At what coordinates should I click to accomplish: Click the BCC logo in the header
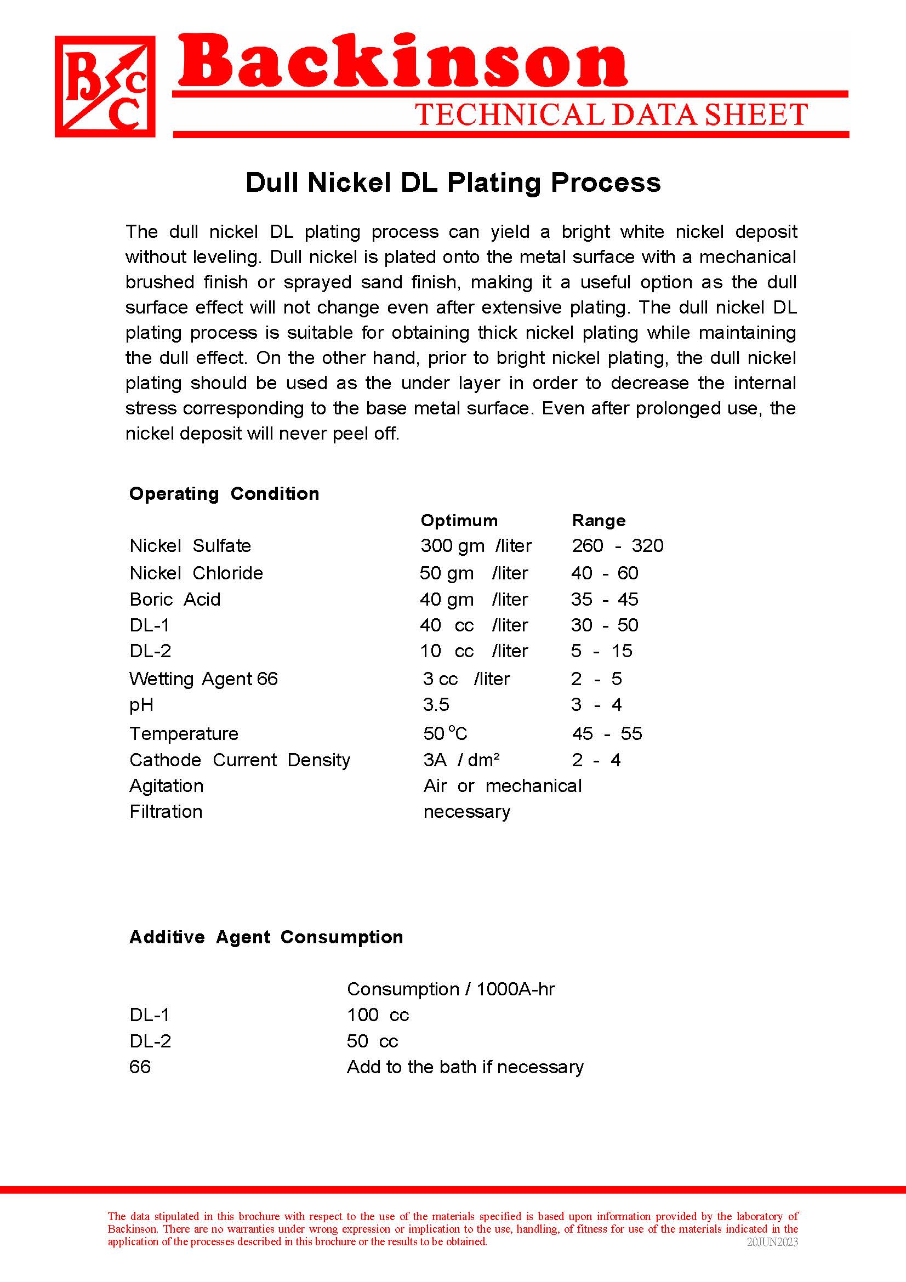pyautogui.click(x=105, y=87)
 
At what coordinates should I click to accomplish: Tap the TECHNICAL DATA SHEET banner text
pyautogui.click(x=611, y=115)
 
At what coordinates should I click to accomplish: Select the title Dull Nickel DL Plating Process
pyautogui.click(x=453, y=183)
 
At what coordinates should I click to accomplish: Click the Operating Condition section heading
pyautogui.click(x=224, y=494)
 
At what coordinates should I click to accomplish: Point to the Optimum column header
pyautogui.click(x=459, y=520)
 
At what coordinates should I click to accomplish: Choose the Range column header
pyautogui.click(x=599, y=520)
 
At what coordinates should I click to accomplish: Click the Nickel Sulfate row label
pyautogui.click(x=190, y=545)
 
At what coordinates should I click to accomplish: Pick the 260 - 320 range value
pyautogui.click(x=617, y=545)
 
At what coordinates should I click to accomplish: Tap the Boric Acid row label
pyautogui.click(x=175, y=599)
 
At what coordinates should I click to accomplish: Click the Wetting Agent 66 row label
pyautogui.click(x=203, y=679)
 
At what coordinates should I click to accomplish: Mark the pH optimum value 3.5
pyautogui.click(x=436, y=705)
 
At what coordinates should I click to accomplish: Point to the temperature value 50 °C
pyautogui.click(x=445, y=733)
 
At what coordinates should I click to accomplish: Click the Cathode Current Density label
pyautogui.click(x=240, y=760)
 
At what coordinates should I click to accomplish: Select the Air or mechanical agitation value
pyautogui.click(x=503, y=785)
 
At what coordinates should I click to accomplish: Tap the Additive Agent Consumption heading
pyautogui.click(x=266, y=937)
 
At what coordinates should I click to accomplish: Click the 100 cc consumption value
pyautogui.click(x=378, y=1015)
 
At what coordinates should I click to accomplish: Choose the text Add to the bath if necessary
pyautogui.click(x=465, y=1067)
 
